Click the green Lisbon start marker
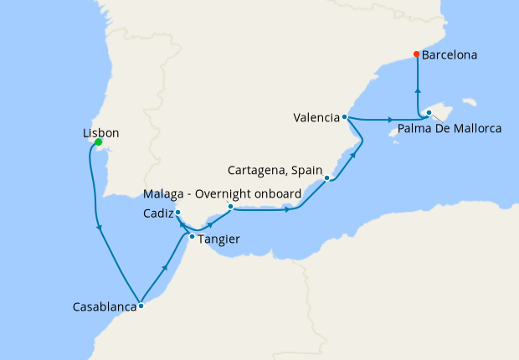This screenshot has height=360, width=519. point(98,142)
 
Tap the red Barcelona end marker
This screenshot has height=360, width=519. point(417,55)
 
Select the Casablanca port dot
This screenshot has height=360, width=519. point(141,306)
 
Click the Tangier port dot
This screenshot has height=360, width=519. point(192,237)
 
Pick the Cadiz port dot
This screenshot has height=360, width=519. point(177,213)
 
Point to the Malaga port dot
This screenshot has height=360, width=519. point(230,206)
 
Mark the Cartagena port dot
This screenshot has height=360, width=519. point(326,178)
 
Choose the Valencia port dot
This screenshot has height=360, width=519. point(345,117)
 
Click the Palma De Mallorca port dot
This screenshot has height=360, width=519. point(429,113)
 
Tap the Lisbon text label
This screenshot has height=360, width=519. point(100,133)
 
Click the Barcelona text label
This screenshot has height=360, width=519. point(450,55)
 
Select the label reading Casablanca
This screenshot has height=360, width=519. point(105,307)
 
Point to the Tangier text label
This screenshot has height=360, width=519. point(219,239)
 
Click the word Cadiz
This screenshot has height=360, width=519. point(157,213)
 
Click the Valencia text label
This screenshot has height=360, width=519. point(316,117)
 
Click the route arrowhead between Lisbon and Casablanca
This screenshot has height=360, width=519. point(100,227)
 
